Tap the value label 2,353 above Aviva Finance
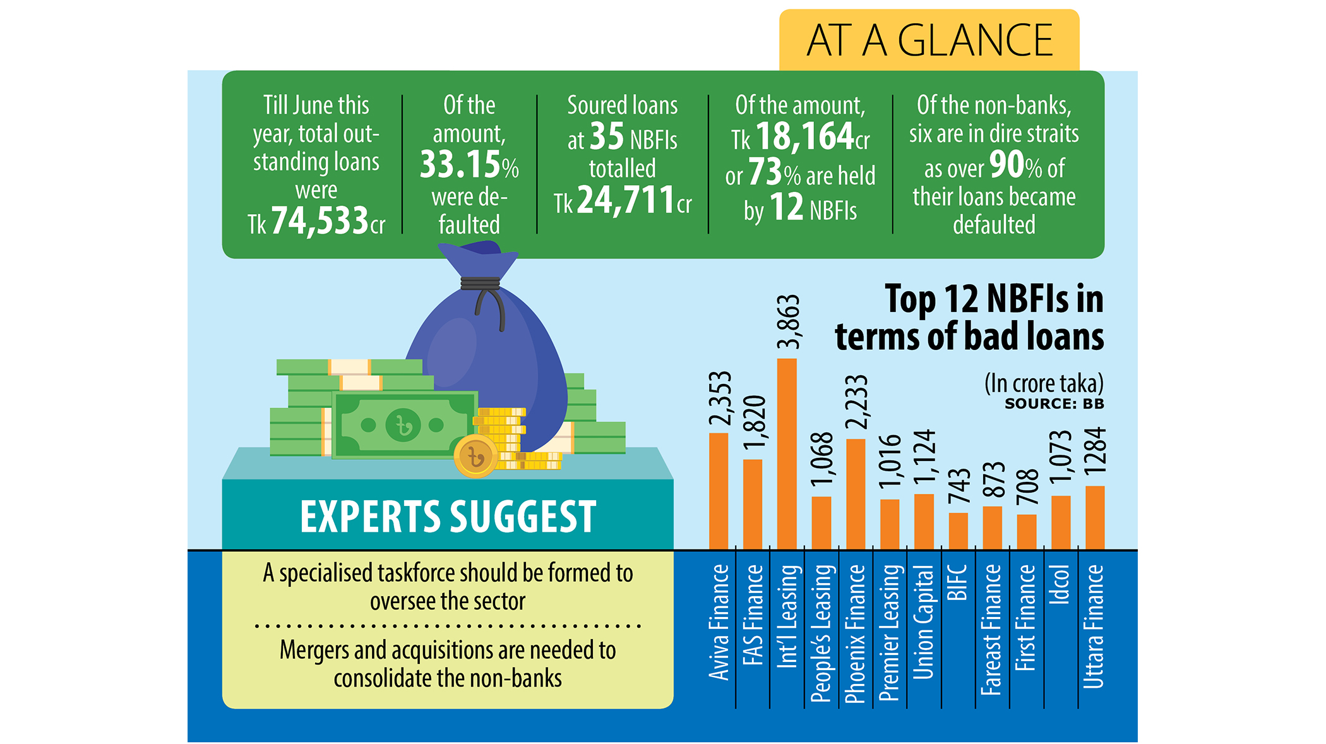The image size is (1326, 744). pyautogui.click(x=720, y=399)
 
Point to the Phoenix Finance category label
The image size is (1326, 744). pyautogui.click(x=856, y=633)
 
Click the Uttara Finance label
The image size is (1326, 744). pyautogui.click(x=1094, y=626)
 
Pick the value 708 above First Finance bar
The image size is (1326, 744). pyautogui.click(x=1027, y=487)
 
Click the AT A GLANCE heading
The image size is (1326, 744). pyautogui.click(x=929, y=40)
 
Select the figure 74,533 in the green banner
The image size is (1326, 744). pyautogui.click(x=320, y=221)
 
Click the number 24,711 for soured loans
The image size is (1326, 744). pyautogui.click(x=626, y=201)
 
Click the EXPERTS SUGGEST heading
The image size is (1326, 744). pyautogui.click(x=448, y=517)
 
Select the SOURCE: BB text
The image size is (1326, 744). pyautogui.click(x=1054, y=404)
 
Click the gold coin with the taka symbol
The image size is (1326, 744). pyautogui.click(x=475, y=455)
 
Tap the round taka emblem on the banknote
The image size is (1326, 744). pyautogui.click(x=403, y=424)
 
